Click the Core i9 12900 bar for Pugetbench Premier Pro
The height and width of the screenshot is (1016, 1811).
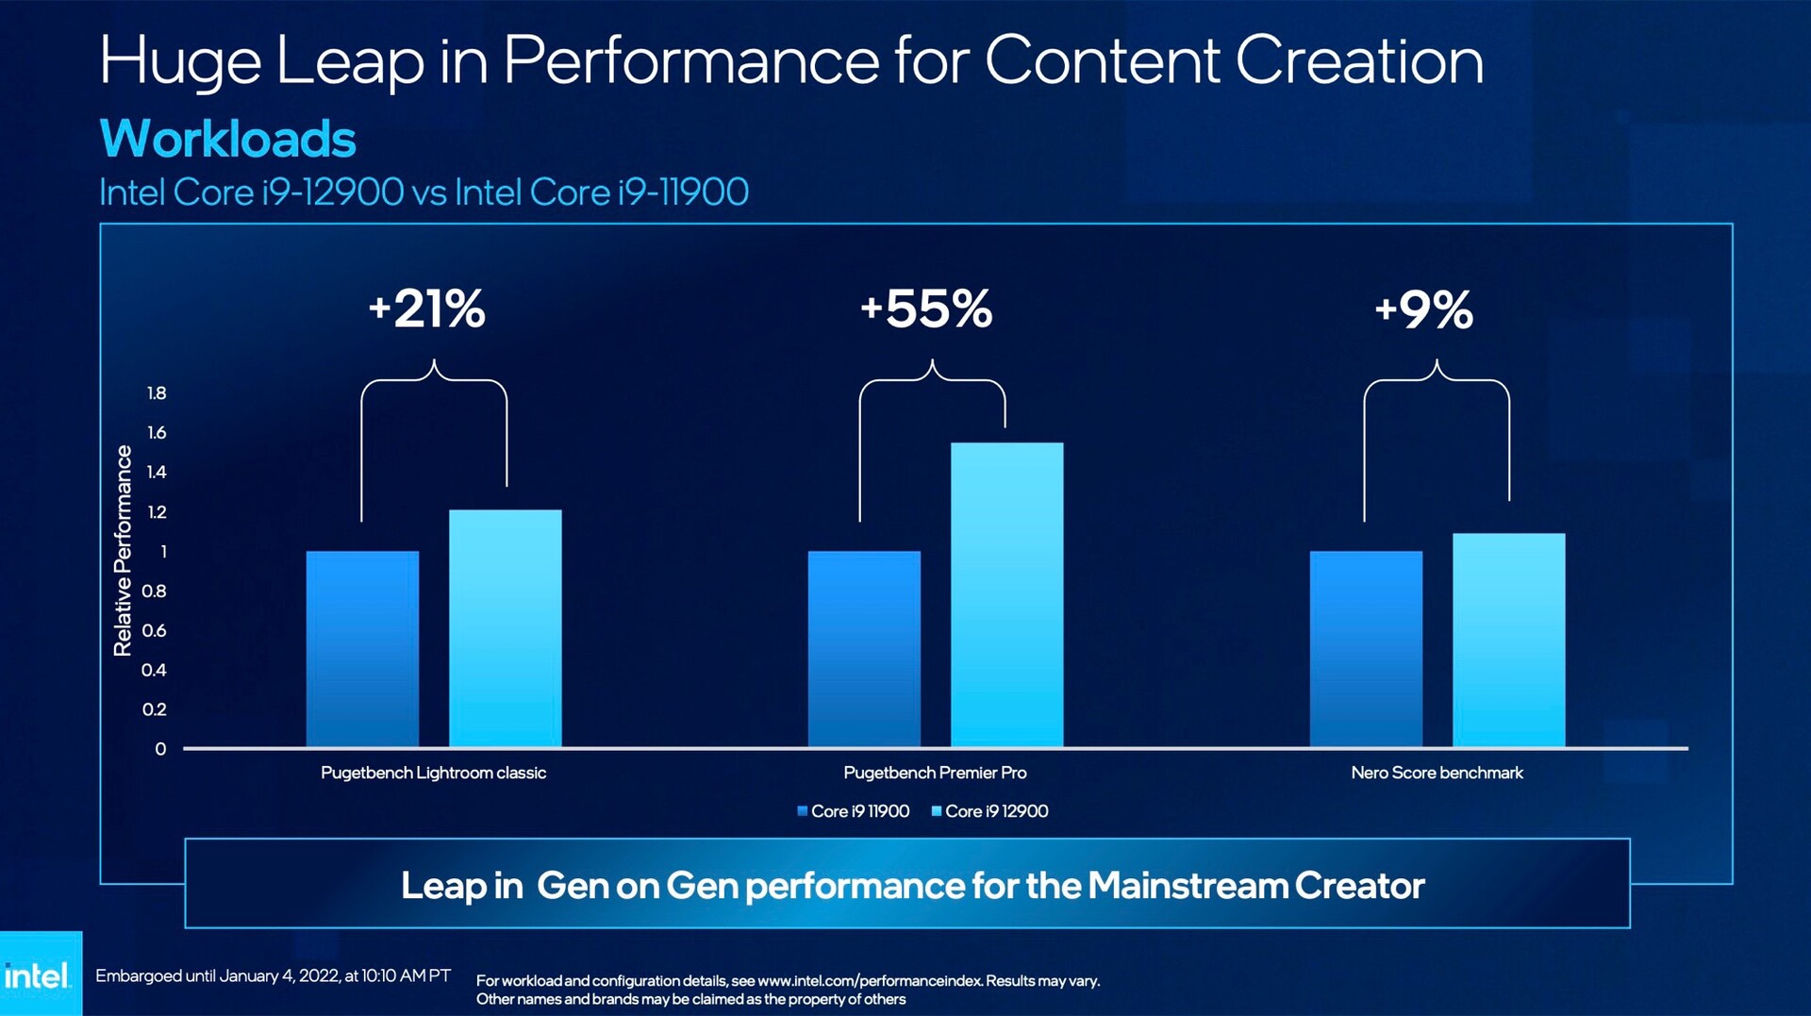[1006, 594]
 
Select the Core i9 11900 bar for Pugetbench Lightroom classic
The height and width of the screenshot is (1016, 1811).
[362, 649]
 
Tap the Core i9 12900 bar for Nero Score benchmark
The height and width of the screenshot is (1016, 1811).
[1508, 640]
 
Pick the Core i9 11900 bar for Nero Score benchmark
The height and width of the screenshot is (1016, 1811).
[1366, 649]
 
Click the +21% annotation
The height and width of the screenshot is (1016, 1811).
[427, 308]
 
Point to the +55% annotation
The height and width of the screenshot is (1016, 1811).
[926, 308]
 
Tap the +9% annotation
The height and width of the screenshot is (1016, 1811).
[1424, 309]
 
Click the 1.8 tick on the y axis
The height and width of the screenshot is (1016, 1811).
[157, 393]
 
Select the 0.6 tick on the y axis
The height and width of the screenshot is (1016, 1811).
[154, 630]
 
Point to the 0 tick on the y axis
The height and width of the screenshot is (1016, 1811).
[160, 749]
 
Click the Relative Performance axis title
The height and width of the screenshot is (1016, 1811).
[123, 551]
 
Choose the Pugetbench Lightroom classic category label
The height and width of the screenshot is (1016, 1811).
[433, 773]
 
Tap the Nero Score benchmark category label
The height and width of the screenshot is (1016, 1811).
[1437, 773]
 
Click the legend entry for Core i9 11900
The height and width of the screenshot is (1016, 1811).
[854, 811]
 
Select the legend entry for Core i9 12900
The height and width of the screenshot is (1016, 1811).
[989, 811]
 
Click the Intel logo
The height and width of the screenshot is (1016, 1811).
[38, 975]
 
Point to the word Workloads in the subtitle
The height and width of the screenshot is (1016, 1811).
[227, 139]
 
